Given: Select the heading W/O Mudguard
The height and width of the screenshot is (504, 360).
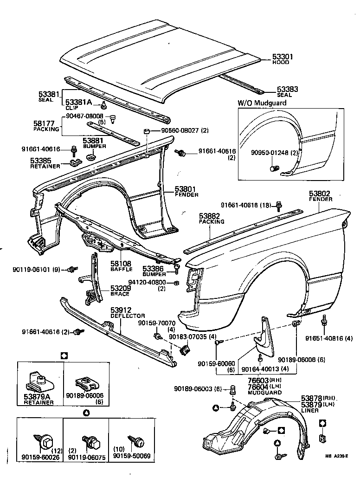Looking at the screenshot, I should click(262, 103).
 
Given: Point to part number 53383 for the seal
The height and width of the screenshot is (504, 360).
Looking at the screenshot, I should click(288, 89).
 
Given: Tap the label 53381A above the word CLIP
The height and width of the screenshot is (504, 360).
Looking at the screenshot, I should click(77, 102).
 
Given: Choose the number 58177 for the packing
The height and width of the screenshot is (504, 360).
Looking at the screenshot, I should click(45, 124).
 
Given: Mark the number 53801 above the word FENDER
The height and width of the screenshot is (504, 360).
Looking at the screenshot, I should click(186, 189).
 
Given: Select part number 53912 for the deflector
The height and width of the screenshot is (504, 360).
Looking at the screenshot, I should click(121, 310).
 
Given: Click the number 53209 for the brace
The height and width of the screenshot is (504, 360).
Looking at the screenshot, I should click(120, 288).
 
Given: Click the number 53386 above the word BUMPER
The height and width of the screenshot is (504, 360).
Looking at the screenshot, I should click(153, 268).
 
